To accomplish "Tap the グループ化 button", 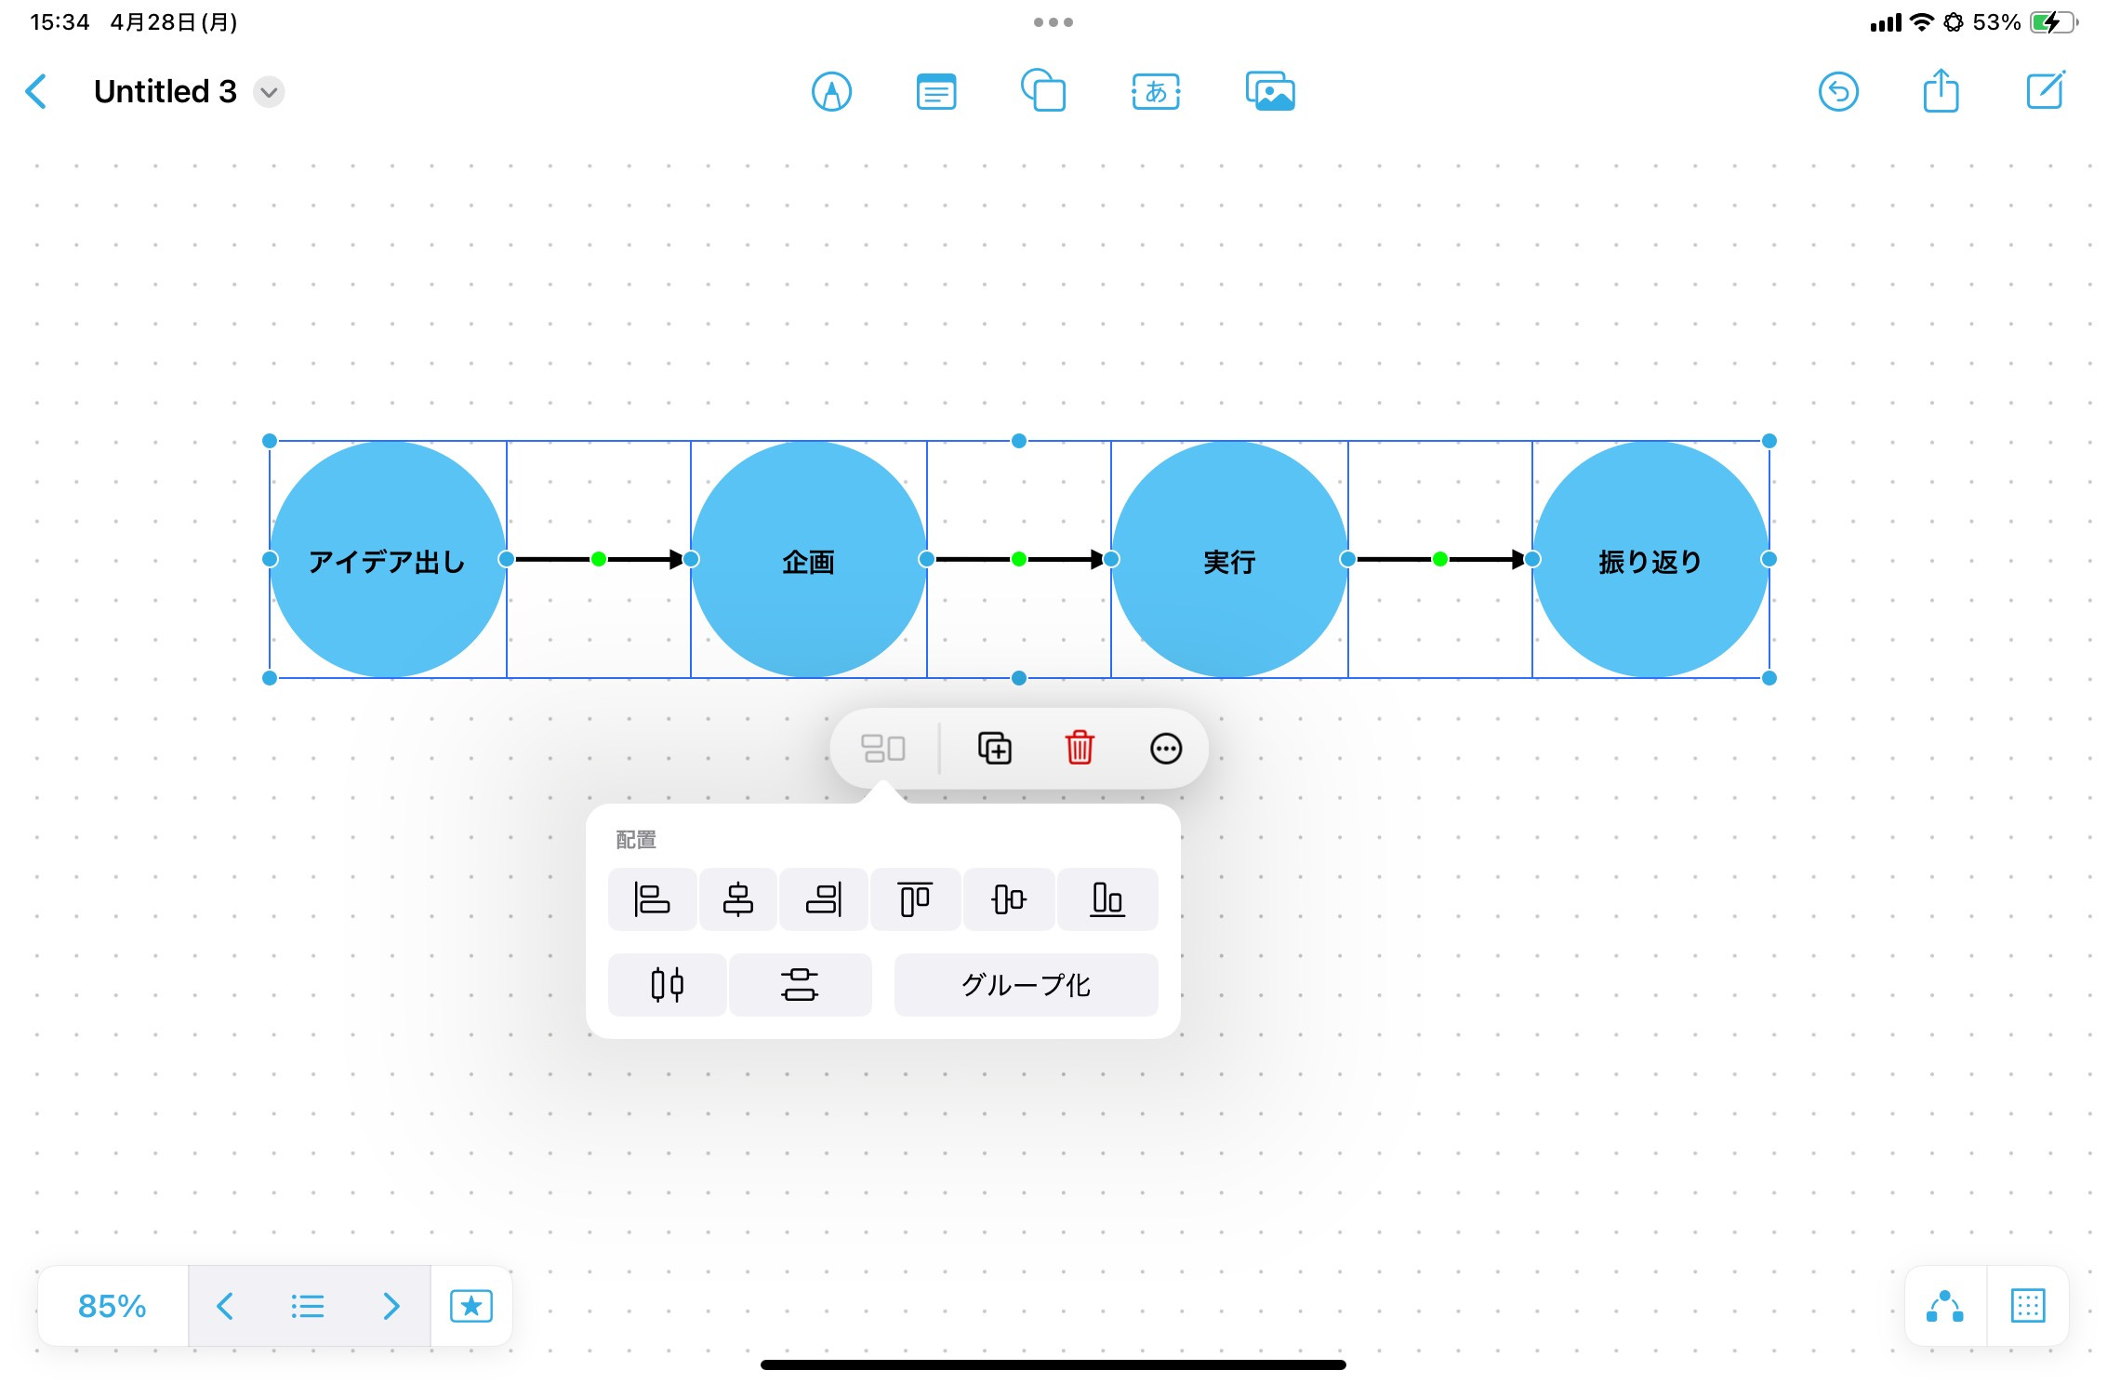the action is tap(1026, 985).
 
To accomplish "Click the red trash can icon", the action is tap(1080, 748).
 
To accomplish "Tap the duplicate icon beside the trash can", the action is tap(994, 748).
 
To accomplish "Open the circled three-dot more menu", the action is tap(1165, 748).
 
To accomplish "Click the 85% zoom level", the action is tap(113, 1306).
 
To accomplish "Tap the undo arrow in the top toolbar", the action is tap(1837, 92).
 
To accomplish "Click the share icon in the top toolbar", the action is tap(1941, 91).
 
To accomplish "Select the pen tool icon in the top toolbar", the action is tap(831, 92).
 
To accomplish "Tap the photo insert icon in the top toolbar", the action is tap(1270, 92).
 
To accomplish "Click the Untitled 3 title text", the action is tap(166, 92).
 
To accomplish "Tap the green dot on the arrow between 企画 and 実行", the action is tap(1019, 559).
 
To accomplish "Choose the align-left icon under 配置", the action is tap(652, 899).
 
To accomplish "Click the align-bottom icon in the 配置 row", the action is tap(1107, 899).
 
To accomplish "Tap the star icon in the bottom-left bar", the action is tap(471, 1306).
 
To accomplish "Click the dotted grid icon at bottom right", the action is tap(2027, 1306).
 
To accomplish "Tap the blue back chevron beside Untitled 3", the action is tap(36, 92).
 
